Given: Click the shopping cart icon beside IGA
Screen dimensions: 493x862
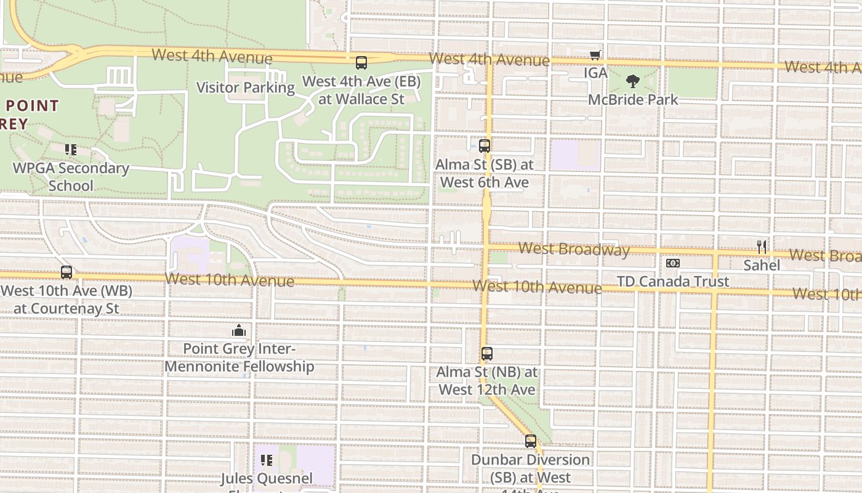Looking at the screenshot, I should click(x=595, y=55).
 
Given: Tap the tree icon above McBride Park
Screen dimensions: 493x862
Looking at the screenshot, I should click(x=632, y=81).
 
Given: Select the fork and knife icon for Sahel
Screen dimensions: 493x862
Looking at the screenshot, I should click(x=762, y=247).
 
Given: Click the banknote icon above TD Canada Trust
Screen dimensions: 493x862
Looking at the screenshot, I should click(x=672, y=263).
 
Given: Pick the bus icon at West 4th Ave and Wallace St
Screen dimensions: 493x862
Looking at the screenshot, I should click(x=361, y=63).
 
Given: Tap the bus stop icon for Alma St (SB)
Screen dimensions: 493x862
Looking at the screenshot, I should click(x=485, y=146).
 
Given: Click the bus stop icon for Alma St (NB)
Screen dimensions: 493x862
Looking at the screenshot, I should click(x=487, y=354).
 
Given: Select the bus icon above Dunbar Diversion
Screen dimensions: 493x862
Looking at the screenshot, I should click(x=531, y=441).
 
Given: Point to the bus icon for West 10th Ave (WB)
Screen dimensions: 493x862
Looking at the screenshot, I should click(x=66, y=272).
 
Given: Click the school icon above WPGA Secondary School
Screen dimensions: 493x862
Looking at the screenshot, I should click(x=71, y=150).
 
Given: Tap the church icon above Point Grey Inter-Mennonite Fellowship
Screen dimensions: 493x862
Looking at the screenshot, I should click(x=239, y=331).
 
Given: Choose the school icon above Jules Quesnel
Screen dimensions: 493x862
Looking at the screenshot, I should click(x=267, y=460).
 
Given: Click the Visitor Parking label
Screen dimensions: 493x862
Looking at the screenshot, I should click(x=245, y=88).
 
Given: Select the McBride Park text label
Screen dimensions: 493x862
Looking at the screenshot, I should click(x=633, y=99).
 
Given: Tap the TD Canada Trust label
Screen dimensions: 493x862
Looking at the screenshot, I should click(x=673, y=282).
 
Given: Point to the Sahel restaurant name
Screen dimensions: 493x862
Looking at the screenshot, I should click(x=762, y=265).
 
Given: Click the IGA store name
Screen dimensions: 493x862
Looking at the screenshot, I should click(x=595, y=73).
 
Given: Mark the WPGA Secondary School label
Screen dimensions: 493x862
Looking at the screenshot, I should click(x=71, y=177).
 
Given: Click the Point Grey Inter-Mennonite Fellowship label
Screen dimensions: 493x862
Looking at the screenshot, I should click(x=240, y=357).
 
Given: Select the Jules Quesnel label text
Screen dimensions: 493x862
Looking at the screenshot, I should click(x=267, y=478).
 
